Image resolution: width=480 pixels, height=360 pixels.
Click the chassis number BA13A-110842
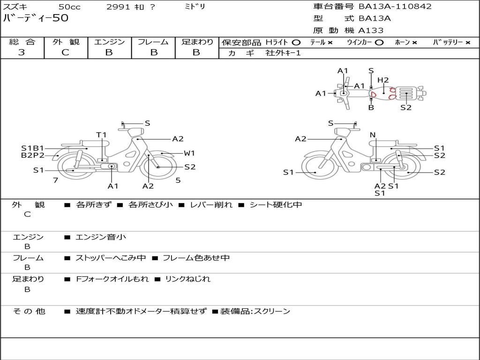[x=395, y=7]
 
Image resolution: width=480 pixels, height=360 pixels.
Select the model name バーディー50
[x=36, y=18]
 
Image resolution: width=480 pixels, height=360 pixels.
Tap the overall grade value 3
[x=22, y=52]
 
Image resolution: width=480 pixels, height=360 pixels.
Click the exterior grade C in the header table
[x=65, y=52]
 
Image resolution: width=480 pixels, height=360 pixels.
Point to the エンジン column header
[x=109, y=42]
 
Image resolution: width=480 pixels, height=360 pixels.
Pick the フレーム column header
[x=153, y=42]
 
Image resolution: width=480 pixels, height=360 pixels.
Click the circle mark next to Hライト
[x=296, y=43]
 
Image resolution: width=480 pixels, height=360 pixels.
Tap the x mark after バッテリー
[x=468, y=43]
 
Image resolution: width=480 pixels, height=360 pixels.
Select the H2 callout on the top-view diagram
[x=383, y=80]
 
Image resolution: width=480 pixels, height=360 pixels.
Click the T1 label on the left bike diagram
[x=101, y=135]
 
